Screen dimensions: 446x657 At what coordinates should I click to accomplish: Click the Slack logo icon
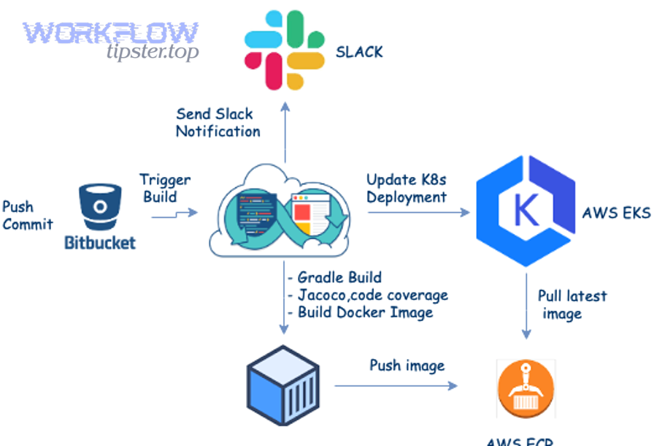pyautogui.click(x=285, y=50)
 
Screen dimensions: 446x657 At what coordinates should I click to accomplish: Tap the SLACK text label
pyautogui.click(x=358, y=52)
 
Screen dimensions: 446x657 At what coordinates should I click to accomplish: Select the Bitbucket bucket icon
pyautogui.click(x=100, y=208)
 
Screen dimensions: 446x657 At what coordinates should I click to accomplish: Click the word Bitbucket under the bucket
pyautogui.click(x=100, y=243)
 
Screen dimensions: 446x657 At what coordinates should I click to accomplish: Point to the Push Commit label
pyautogui.click(x=27, y=216)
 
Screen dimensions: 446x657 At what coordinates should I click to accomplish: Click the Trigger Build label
pyautogui.click(x=165, y=188)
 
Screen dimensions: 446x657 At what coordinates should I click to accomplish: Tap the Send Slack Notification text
pyautogui.click(x=218, y=123)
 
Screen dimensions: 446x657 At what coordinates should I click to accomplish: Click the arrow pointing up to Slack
pyautogui.click(x=285, y=132)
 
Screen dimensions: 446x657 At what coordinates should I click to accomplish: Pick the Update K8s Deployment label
pyautogui.click(x=406, y=188)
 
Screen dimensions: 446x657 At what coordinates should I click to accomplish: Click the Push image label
pyautogui.click(x=406, y=366)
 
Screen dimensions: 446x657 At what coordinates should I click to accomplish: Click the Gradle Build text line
pyautogui.click(x=339, y=278)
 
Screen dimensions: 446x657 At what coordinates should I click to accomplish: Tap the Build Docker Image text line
pyautogui.click(x=364, y=312)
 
